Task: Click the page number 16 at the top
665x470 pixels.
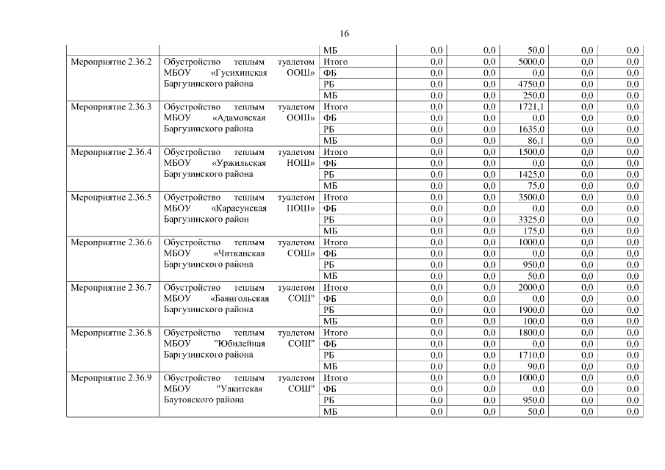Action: [x=345, y=34]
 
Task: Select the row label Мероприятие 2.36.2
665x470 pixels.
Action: [x=111, y=62]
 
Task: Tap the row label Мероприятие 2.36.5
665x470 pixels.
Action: [x=111, y=198]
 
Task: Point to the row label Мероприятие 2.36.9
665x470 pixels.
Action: [x=111, y=378]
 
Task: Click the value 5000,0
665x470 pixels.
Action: [x=531, y=62]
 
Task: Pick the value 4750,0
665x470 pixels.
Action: [x=531, y=84]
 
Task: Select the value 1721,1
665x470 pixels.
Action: [x=531, y=107]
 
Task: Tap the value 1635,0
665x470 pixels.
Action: [x=531, y=130]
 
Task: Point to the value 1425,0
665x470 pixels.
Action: [x=531, y=175]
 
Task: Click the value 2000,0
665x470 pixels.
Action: [x=531, y=288]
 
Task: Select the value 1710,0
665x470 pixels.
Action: [x=531, y=355]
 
